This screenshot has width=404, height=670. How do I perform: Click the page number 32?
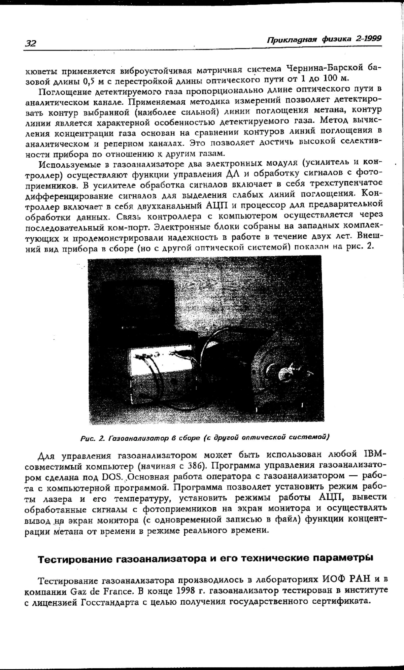pos(31,43)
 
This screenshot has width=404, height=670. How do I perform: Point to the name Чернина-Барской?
pos(325,68)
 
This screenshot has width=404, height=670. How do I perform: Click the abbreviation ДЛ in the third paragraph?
pos(233,174)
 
